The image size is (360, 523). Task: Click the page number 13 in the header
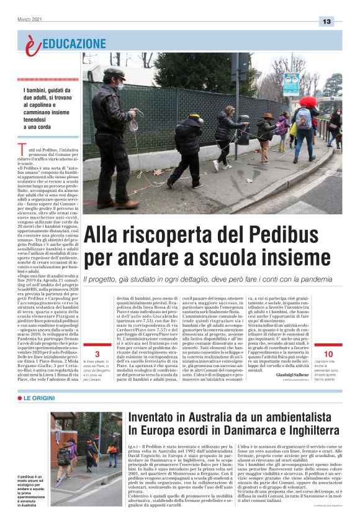[326, 21]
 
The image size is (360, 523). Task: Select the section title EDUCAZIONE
[74, 43]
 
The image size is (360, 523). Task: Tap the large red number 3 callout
[97, 354]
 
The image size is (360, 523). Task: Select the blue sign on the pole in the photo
[291, 83]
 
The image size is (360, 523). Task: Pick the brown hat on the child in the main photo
[268, 116]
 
